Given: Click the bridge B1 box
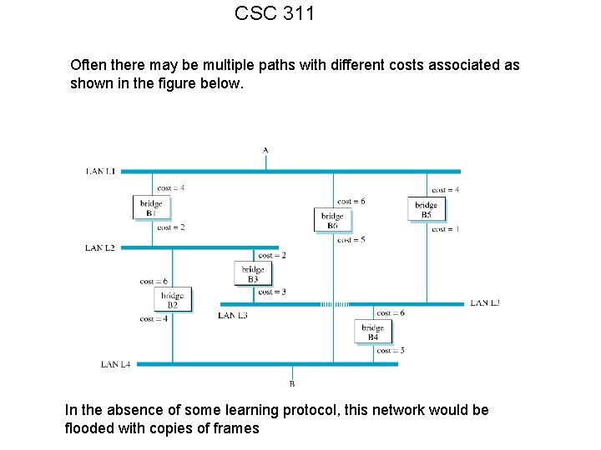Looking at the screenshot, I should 151,207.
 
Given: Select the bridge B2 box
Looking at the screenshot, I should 173,300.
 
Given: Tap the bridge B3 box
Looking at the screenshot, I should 253,273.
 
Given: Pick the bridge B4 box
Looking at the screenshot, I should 372,332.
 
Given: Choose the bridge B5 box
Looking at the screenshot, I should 426,209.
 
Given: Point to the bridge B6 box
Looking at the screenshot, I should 333,221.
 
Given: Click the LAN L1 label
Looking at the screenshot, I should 100,171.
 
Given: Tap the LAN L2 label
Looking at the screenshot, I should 100,247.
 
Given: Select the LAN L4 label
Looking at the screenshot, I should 115,364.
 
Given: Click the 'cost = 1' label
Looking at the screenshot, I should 445,229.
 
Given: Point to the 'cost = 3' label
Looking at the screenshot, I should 272,292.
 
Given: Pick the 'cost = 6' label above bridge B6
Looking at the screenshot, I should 351,201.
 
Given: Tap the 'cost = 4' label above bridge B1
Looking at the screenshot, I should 170,187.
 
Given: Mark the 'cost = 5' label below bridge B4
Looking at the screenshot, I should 391,351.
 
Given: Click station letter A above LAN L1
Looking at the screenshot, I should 265,151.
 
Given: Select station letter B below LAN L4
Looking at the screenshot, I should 291,384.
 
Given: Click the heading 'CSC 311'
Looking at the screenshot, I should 275,13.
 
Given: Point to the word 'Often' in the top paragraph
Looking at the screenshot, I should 88,65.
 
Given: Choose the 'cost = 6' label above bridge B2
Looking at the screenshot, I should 154,281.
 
